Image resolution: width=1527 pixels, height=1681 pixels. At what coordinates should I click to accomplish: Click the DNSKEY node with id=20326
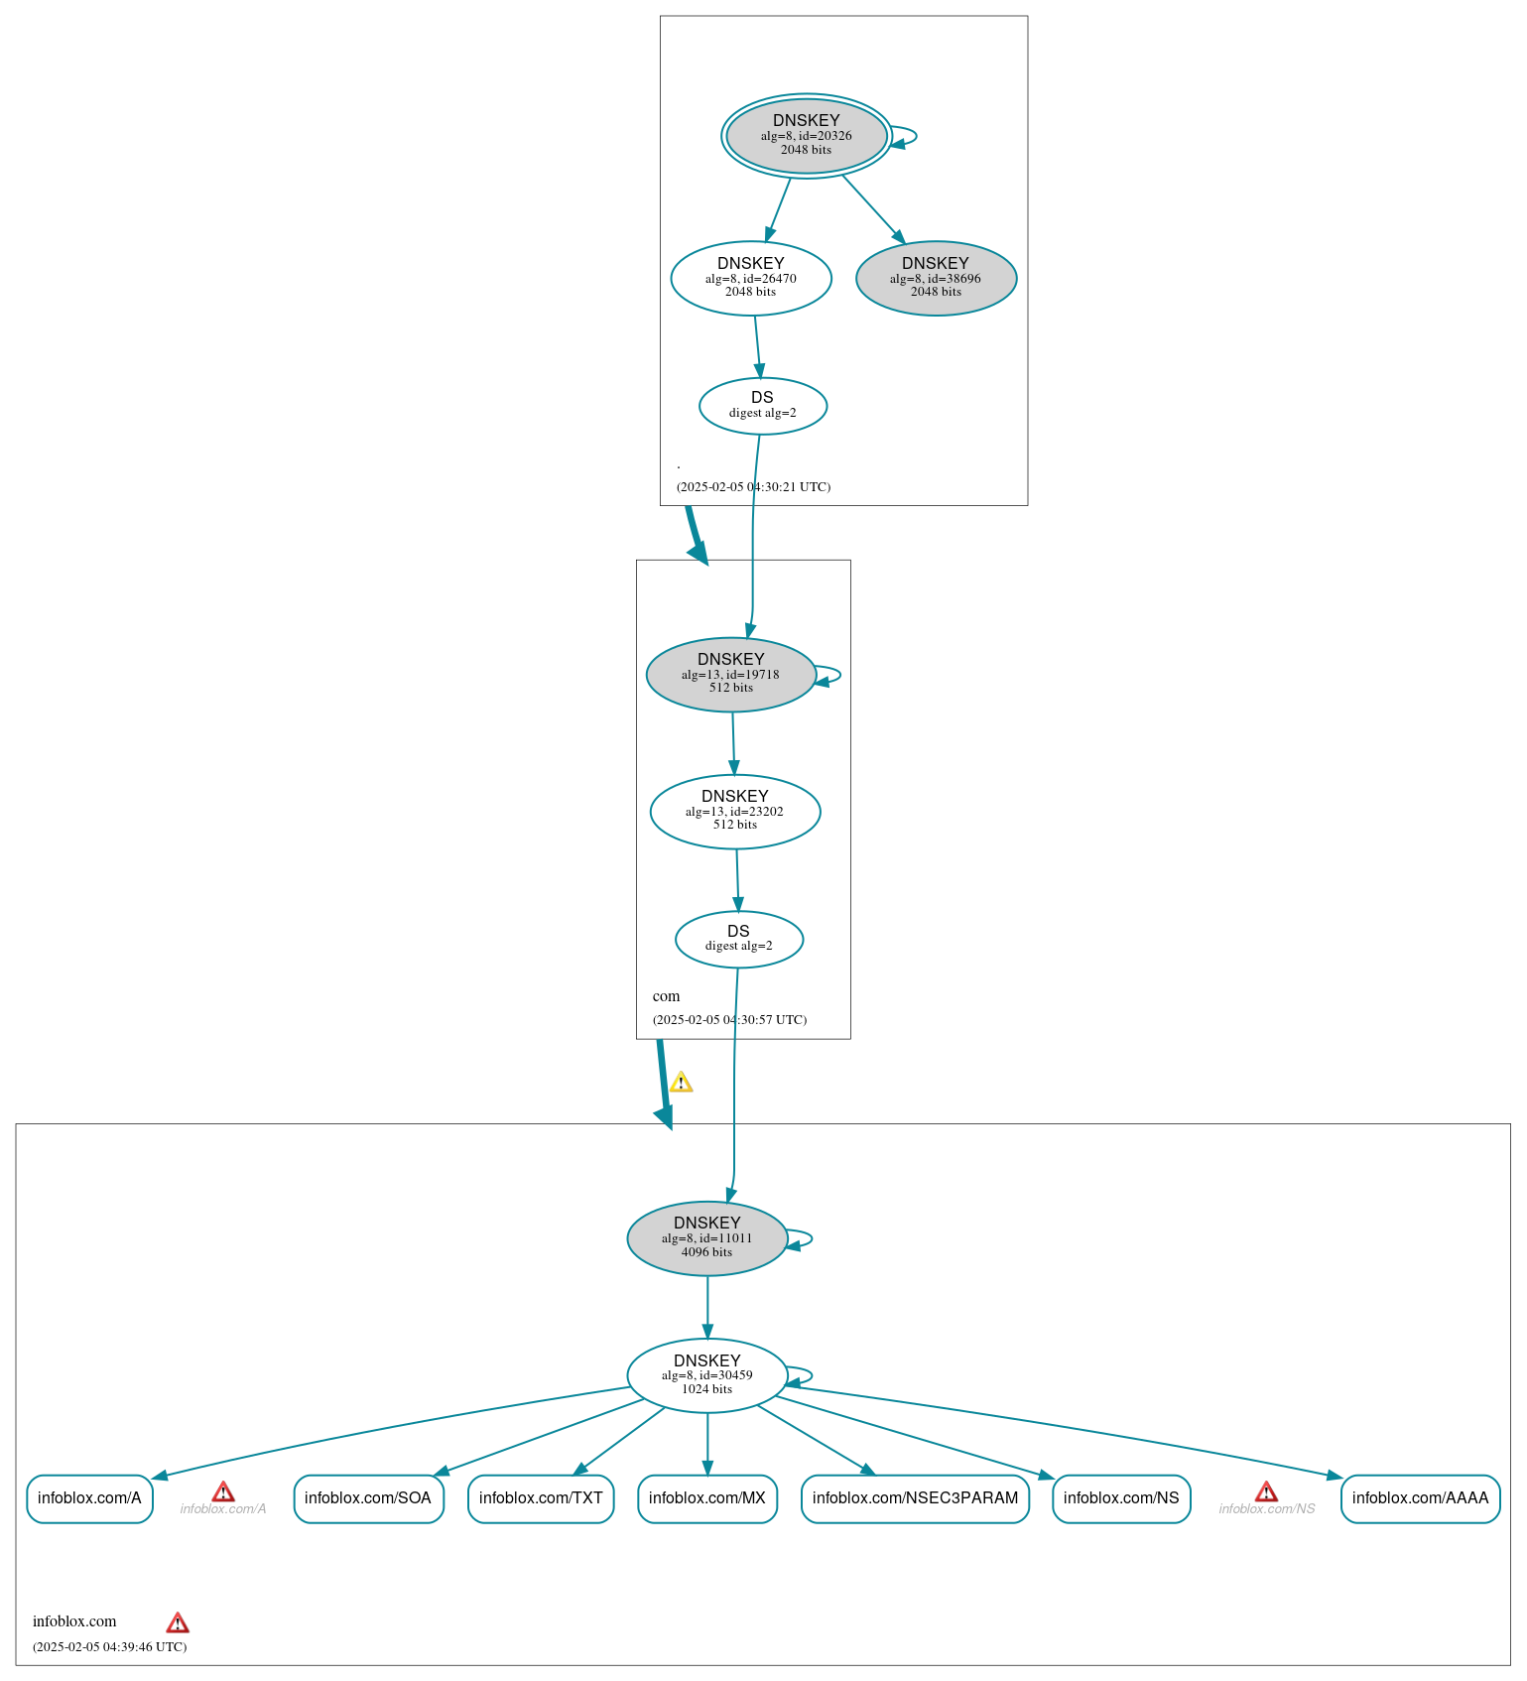pos(806,136)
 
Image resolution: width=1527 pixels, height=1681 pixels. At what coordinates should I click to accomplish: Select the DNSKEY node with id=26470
pos(751,279)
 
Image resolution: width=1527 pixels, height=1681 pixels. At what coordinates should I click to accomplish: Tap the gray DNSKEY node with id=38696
pos(936,279)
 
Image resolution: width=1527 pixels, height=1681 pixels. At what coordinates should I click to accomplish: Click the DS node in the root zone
pos(762,406)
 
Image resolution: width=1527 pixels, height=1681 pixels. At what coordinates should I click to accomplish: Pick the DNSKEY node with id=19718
pos(731,675)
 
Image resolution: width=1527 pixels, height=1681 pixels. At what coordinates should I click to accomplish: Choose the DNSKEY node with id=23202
pos(735,812)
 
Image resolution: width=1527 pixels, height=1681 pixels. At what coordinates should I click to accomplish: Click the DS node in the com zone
pos(739,939)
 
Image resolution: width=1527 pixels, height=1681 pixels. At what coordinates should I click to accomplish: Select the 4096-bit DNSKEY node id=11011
pos(707,1238)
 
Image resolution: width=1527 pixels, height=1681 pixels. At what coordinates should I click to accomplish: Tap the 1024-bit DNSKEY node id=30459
pos(707,1375)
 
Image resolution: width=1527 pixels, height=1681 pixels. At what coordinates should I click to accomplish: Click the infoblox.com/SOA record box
pos(368,1498)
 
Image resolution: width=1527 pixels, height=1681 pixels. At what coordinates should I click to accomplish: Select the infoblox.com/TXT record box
pos(541,1498)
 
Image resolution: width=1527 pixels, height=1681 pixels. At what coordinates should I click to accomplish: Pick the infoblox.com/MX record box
pos(707,1498)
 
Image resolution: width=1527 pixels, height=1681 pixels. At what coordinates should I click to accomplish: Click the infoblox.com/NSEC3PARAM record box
pos(915,1498)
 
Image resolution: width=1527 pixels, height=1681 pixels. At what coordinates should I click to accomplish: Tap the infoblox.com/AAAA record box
pos(1420,1498)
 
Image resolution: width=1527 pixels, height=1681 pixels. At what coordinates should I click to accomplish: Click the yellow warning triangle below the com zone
pos(681,1082)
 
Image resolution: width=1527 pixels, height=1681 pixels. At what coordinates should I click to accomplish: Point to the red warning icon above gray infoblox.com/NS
pos(1266,1491)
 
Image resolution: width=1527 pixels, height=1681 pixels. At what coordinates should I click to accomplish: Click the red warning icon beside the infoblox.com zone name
pos(178,1622)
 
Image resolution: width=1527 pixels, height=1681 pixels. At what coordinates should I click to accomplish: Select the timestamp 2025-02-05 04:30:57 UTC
pos(729,1020)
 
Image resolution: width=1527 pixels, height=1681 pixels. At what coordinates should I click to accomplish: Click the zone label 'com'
pos(667,996)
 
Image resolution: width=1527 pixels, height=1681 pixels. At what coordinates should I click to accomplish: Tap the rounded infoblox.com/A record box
pos(89,1498)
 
